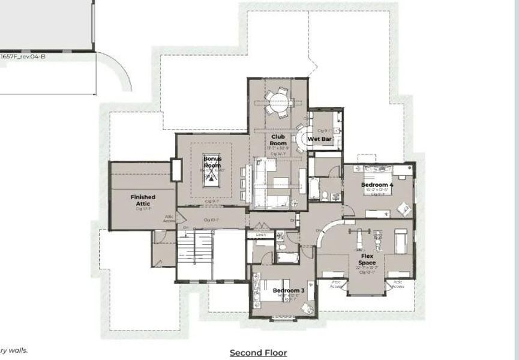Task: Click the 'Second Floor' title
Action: tap(258, 353)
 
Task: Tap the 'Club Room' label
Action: tap(277, 140)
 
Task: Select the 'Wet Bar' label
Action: tap(319, 139)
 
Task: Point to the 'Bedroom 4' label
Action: tap(377, 185)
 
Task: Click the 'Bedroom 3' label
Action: tap(289, 291)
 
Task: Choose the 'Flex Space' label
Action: tap(367, 259)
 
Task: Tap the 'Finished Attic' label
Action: tap(143, 200)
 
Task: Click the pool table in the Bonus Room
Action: tap(212, 176)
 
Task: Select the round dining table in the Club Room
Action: tap(278, 103)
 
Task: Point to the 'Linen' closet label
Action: tap(260, 235)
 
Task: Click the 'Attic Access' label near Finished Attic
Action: tap(169, 219)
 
